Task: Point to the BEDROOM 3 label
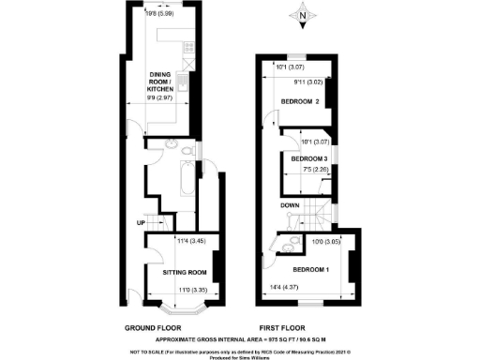tap(308, 160)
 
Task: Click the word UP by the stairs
tap(141, 223)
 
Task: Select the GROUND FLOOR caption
tap(156, 328)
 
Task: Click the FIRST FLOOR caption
tap(285, 328)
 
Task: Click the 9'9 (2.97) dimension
tap(170, 97)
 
